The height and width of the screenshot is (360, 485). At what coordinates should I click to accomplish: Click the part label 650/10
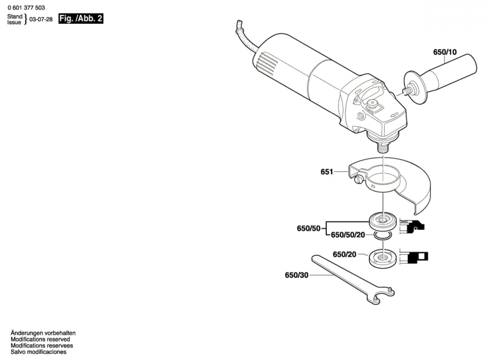[445, 52]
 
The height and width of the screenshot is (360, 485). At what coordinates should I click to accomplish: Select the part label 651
[327, 172]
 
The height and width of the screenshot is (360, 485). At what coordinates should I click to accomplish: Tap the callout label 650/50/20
[348, 235]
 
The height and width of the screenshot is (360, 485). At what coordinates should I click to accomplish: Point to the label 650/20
[344, 254]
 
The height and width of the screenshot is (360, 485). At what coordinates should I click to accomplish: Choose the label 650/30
[296, 275]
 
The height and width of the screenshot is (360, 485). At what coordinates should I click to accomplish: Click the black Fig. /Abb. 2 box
[81, 18]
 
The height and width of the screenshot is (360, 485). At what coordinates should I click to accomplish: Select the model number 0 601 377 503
[26, 8]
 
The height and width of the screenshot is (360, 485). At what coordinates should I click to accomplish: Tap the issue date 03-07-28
[41, 19]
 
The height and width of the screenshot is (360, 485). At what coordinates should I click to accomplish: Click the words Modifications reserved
[40, 339]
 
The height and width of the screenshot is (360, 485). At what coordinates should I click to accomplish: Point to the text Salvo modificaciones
[38, 352]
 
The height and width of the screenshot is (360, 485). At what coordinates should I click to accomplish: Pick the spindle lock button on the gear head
[372, 105]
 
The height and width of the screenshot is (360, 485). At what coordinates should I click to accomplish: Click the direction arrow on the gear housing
[394, 115]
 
